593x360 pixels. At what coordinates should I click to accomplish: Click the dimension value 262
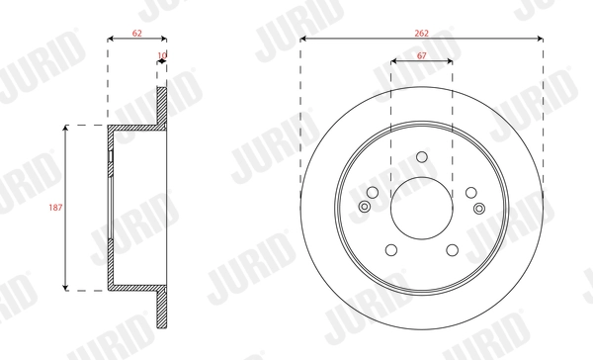(421, 34)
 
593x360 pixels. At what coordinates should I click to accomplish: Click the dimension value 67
(422, 55)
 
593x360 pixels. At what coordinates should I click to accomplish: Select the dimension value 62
(137, 34)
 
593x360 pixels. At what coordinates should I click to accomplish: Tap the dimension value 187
(55, 208)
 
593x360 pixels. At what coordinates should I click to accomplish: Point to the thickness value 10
(162, 55)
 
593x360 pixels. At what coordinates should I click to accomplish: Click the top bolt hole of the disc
(422, 156)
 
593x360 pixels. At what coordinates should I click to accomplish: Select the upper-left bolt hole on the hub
(373, 192)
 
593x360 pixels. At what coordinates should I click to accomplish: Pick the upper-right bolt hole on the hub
(470, 192)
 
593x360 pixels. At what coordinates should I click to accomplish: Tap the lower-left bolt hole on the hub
(391, 250)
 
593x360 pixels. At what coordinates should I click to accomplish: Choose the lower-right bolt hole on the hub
(452, 250)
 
